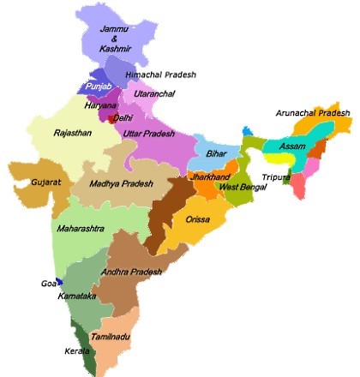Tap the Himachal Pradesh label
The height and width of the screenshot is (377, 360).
pyautogui.click(x=160, y=75)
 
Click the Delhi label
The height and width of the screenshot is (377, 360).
pyautogui.click(x=123, y=117)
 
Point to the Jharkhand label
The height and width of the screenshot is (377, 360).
pyautogui.click(x=211, y=176)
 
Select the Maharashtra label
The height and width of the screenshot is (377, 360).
pyautogui.click(x=82, y=230)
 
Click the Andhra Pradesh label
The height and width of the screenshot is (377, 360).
pyautogui.click(x=132, y=272)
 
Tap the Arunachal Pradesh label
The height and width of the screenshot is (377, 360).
pyautogui.click(x=313, y=112)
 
